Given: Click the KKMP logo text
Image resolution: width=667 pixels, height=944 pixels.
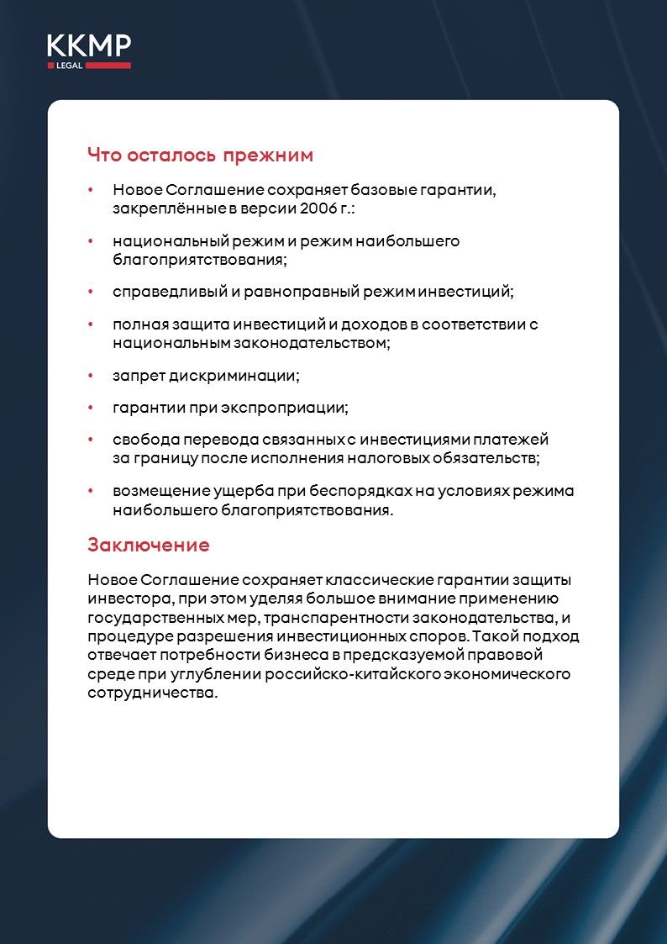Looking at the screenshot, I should [x=88, y=45].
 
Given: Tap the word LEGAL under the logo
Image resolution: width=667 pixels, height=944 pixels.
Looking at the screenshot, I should [x=69, y=66].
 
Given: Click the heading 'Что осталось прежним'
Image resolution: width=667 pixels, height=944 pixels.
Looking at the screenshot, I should [x=200, y=156].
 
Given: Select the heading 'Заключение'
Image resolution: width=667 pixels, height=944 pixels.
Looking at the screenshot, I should [x=148, y=545].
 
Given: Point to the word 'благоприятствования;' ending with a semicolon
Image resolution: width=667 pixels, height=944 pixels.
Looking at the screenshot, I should [x=200, y=260].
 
